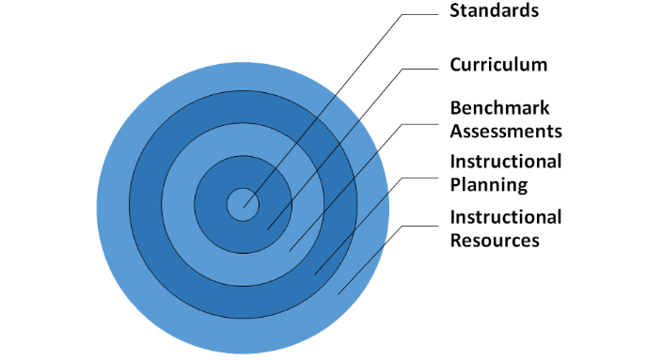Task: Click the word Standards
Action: click(494, 12)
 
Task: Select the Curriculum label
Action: click(498, 66)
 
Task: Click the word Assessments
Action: click(506, 131)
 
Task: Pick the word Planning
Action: click(489, 184)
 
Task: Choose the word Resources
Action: click(495, 240)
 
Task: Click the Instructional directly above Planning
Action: click(506, 162)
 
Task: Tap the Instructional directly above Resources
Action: click(506, 217)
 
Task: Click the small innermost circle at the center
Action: click(243, 203)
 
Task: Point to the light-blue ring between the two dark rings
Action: click(179, 203)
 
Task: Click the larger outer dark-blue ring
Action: click(146, 203)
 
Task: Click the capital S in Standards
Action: click(456, 12)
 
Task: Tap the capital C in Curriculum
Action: click(456, 66)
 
